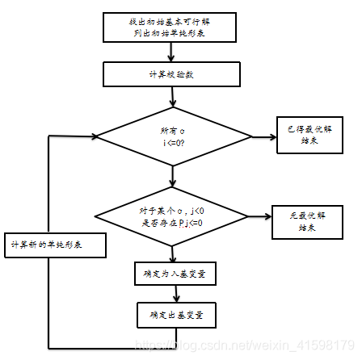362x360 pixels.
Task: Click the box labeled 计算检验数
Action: [171, 74]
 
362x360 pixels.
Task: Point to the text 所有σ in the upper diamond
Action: [171, 130]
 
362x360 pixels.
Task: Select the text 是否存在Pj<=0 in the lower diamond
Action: [171, 222]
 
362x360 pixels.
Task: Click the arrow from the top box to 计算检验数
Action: [171, 52]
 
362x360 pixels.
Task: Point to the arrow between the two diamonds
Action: [171, 176]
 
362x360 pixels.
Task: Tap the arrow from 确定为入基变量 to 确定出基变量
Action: [174, 294]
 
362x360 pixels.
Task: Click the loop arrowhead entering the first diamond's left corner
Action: [92, 136]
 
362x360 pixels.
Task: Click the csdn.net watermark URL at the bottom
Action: [242, 345]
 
